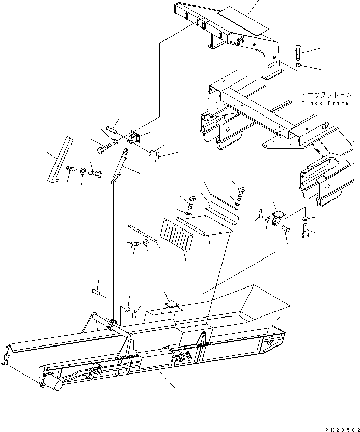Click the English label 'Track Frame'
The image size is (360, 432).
click(325, 103)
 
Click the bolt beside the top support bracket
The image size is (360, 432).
click(298, 53)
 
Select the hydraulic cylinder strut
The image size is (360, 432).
click(120, 165)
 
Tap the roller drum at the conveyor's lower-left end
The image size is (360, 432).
click(52, 382)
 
